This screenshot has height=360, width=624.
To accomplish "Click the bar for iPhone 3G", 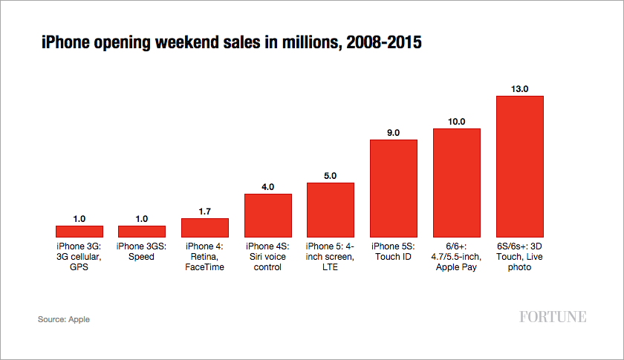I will pos(79,231).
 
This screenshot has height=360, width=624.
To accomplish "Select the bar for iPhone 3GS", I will pos(142,231).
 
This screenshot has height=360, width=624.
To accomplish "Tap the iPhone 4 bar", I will pos(205,227).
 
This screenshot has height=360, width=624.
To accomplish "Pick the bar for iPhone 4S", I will pos(267,215).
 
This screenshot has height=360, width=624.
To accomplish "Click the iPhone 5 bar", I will pos(331,209).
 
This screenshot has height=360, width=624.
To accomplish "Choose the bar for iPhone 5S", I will pos(393,188).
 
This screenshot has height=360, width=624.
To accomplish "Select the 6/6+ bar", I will pos(456,183).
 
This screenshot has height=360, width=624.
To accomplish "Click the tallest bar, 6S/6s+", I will pos(519,166).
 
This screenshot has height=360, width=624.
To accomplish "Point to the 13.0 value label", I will pos(519,88).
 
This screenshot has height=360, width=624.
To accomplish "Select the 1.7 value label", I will pos(205,212).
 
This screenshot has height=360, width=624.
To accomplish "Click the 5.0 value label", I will pos(331,176).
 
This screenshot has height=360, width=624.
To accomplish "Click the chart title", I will pos(231,43).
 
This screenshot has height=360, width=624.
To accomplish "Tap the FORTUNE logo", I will pos(553,317).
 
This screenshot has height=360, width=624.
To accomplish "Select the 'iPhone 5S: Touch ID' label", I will pos(393,252).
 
